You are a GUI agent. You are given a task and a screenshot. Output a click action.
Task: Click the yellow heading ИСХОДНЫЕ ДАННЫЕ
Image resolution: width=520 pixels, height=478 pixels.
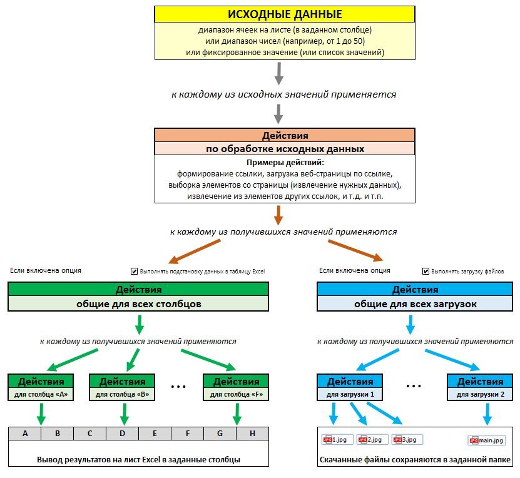(284, 14)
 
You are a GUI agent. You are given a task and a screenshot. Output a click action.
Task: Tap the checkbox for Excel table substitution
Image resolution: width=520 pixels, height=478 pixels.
(134, 272)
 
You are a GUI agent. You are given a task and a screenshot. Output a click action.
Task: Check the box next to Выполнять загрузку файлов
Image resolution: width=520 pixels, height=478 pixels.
(426, 272)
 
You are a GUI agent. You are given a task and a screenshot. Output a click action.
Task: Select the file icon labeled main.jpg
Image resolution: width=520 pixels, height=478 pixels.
(486, 440)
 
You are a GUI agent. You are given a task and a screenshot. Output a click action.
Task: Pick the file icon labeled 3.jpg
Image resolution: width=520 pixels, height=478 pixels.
(407, 439)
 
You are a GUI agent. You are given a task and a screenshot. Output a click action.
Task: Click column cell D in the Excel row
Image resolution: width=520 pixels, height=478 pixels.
(122, 433)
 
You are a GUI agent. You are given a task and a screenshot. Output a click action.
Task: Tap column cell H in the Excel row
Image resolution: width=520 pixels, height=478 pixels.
(252, 433)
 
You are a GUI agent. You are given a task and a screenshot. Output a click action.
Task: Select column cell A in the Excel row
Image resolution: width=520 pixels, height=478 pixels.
(25, 433)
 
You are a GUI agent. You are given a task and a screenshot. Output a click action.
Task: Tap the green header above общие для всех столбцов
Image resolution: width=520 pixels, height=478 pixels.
(138, 290)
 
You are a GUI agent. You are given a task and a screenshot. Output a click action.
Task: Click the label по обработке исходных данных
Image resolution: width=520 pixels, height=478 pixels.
(284, 149)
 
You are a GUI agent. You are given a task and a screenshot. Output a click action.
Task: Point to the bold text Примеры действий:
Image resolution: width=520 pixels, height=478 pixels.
(284, 163)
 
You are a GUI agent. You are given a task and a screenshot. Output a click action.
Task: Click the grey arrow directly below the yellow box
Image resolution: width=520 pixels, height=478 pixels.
(279, 73)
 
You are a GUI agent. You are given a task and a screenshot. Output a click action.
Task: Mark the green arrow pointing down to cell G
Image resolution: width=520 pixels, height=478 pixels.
(237, 413)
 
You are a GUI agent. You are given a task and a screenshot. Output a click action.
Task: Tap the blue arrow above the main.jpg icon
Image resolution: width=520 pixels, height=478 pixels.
(486, 413)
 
